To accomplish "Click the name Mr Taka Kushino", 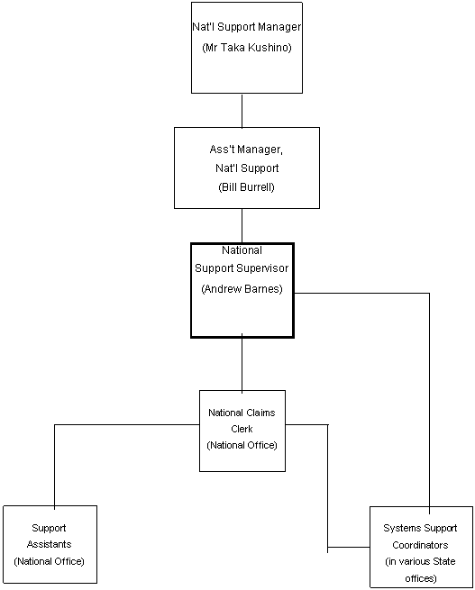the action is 247,48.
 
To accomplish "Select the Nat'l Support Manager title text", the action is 247,27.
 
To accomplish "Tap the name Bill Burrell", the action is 247,187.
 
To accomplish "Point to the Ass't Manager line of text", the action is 246,150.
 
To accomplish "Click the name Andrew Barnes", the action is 242,289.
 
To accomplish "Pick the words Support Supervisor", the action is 242,268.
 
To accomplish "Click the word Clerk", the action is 242,429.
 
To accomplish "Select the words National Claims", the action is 242,413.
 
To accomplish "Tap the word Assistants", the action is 50,544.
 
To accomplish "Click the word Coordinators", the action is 420,545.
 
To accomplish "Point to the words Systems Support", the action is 420,528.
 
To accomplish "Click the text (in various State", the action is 420,561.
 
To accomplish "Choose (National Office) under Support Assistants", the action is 50,561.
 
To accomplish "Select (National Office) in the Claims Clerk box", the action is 242,446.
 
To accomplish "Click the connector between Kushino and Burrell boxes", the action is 242,111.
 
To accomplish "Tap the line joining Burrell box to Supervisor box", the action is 242,226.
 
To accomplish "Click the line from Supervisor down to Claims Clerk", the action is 242,364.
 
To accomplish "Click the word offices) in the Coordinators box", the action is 420,578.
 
